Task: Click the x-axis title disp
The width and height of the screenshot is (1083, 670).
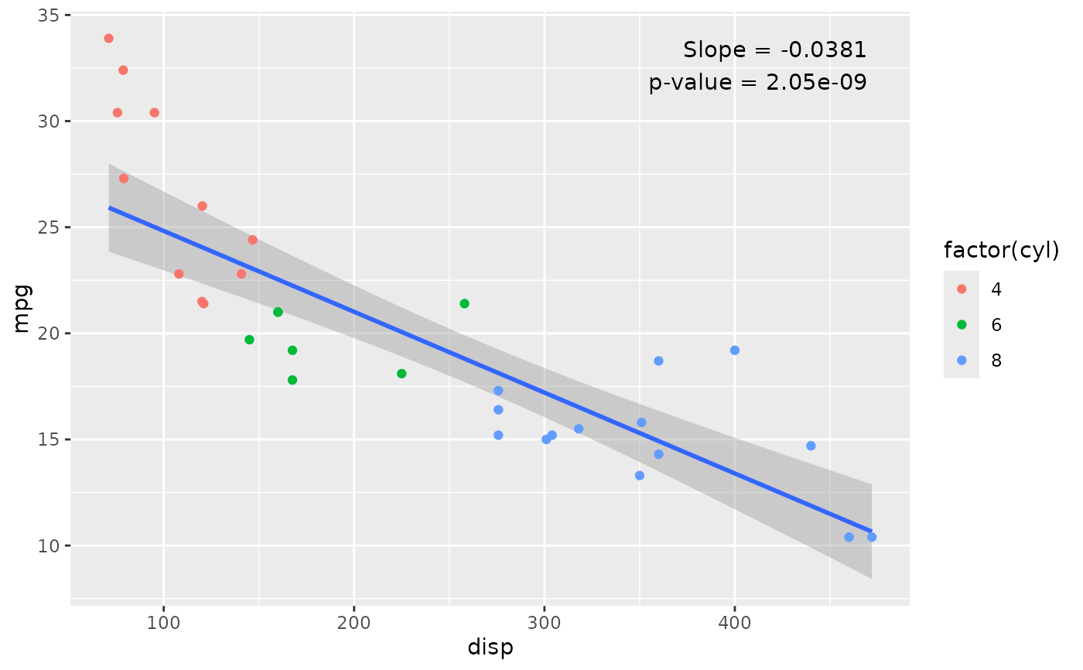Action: tap(490, 648)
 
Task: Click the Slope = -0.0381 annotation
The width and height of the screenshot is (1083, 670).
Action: tap(774, 50)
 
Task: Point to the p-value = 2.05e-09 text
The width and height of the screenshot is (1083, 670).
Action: tap(757, 82)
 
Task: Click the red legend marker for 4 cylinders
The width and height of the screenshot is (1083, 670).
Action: tap(962, 289)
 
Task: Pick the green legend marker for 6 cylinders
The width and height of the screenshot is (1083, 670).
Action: tap(962, 324)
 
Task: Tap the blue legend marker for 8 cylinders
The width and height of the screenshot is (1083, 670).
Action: tap(962, 360)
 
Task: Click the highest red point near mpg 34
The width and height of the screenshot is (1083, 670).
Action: tap(108, 38)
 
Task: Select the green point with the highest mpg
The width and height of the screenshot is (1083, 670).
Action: tap(464, 303)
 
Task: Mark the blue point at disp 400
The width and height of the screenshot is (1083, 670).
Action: tap(735, 350)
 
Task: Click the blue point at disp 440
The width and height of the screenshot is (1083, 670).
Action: tap(811, 446)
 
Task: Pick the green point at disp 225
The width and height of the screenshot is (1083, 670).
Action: tap(401, 374)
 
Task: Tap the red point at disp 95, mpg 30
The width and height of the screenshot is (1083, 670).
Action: tap(154, 112)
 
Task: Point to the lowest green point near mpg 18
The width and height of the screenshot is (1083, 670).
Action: tap(292, 380)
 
